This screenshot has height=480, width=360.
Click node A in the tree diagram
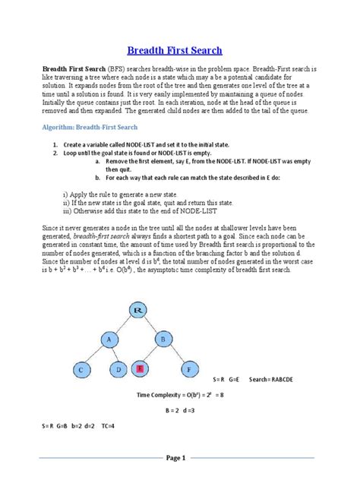pyautogui.click(x=109, y=341)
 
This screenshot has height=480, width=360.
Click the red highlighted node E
pyautogui.click(x=141, y=370)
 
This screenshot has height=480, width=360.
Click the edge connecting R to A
pyautogui.click(x=124, y=325)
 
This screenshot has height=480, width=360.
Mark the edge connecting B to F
pyautogui.click(x=175, y=355)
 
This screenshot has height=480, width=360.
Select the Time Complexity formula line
pyautogui.click(x=179, y=395)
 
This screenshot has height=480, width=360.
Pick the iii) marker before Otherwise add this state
pyautogui.click(x=67, y=210)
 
